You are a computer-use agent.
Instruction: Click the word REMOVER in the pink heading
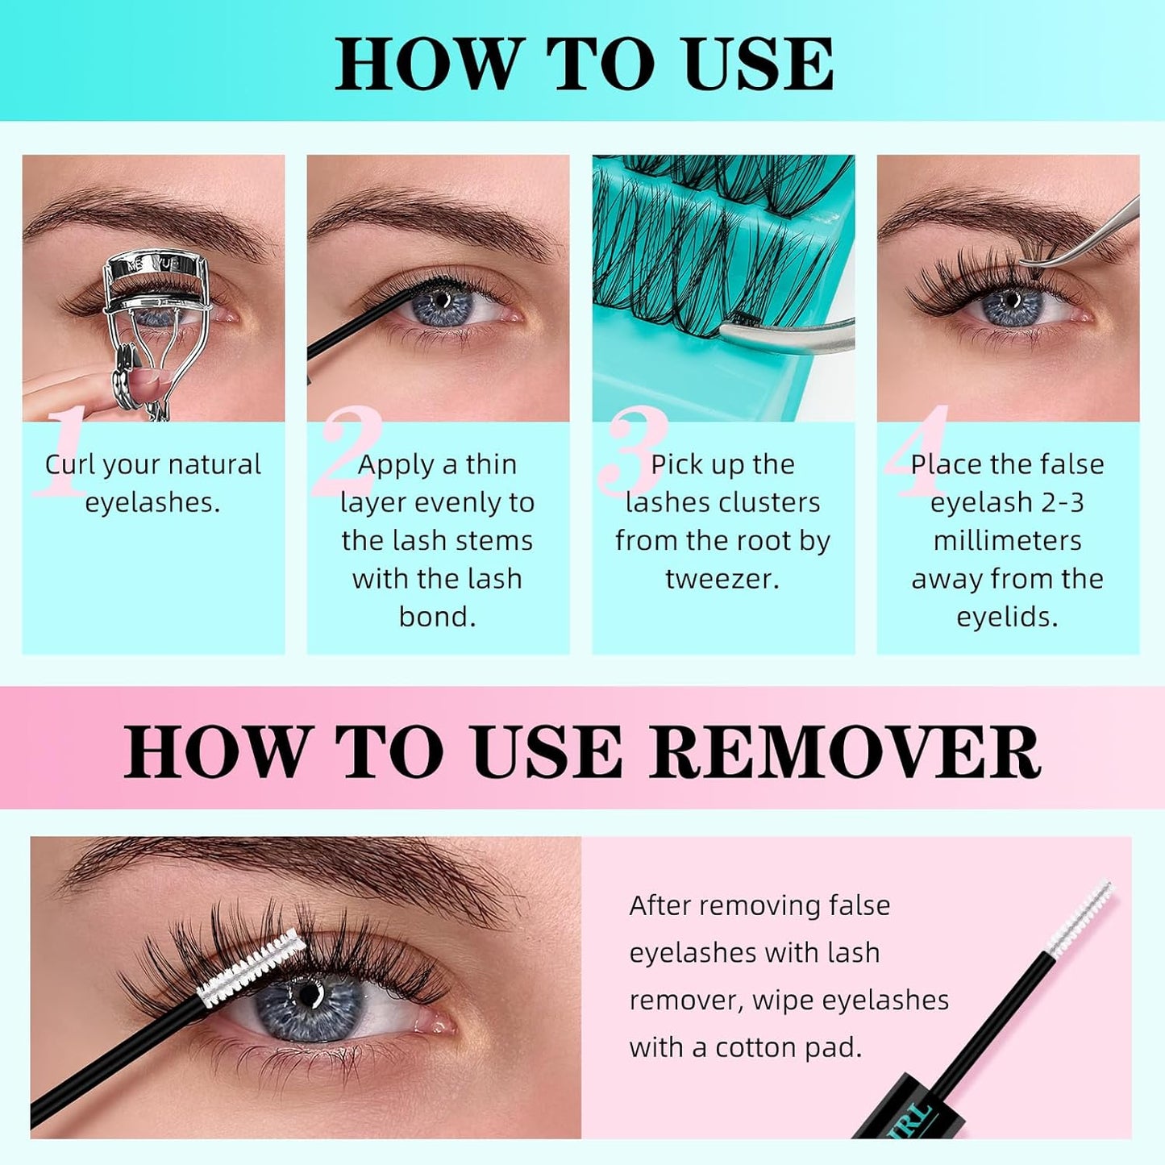(x=845, y=751)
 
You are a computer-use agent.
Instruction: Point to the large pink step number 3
(x=635, y=451)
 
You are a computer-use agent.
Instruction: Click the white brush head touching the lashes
(x=250, y=966)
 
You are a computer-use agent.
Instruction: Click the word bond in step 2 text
(x=437, y=617)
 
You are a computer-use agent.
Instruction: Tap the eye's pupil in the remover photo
(x=308, y=993)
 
